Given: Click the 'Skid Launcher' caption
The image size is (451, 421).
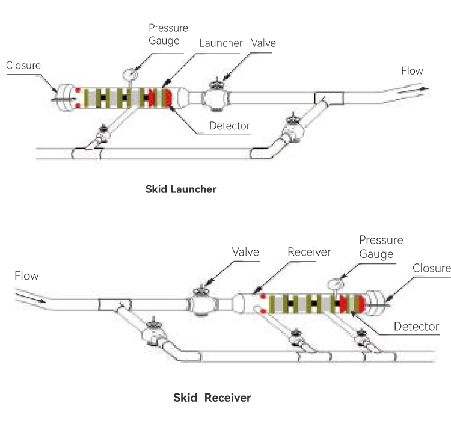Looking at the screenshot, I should [181, 188].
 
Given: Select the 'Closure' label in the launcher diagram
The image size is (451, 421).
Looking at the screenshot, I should [23, 65].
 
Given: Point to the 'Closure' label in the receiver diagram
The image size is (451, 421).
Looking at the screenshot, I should [431, 268].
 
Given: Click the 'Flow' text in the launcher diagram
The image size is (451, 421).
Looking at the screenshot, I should [412, 71].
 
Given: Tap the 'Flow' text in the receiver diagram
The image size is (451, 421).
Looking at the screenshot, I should [26, 276].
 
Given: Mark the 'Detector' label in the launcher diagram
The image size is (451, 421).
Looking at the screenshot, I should [229, 126].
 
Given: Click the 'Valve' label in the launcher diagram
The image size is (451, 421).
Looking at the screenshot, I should [264, 43].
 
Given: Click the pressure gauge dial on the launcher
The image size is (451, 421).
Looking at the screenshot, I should [129, 75].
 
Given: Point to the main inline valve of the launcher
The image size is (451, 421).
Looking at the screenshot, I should [214, 96].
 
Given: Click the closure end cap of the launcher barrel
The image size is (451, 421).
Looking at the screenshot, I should [61, 97].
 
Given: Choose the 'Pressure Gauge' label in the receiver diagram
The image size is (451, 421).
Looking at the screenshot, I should [381, 247].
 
